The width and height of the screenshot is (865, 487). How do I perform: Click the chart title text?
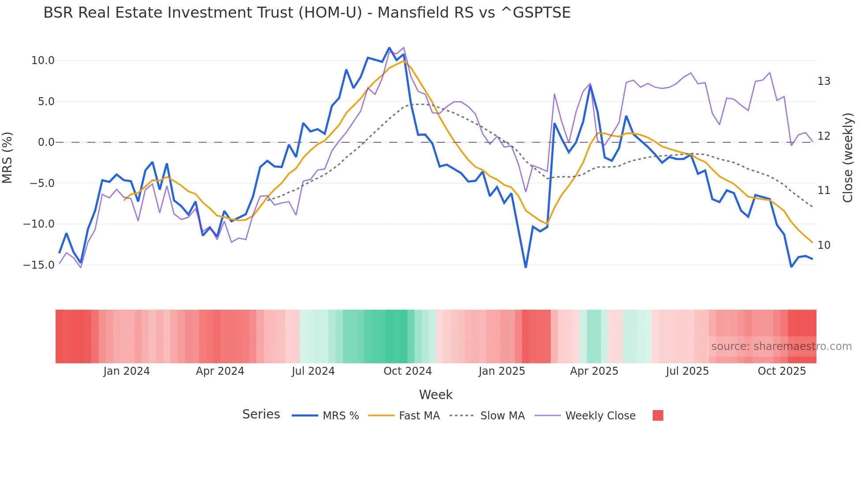[307, 13]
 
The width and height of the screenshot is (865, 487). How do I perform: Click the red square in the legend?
[658, 415]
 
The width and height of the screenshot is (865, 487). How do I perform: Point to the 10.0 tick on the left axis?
[43, 61]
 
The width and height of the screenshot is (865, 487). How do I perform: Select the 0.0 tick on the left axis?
[46, 142]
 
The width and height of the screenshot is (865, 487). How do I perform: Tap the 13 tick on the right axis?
[824, 81]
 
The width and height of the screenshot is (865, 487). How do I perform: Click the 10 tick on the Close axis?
[824, 245]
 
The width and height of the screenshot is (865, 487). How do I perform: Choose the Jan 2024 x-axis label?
[127, 371]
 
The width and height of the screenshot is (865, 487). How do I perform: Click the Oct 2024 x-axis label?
[407, 371]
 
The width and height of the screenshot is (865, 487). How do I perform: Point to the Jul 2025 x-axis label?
[687, 371]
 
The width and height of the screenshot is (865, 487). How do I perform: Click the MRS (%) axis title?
[8, 158]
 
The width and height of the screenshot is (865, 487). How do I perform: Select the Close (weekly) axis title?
[847, 158]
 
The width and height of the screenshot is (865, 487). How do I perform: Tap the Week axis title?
[436, 395]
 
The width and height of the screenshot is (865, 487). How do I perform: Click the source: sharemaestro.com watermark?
[781, 346]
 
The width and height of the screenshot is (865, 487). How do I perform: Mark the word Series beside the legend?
[261, 415]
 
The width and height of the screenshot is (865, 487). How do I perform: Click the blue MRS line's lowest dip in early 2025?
[526, 267]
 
